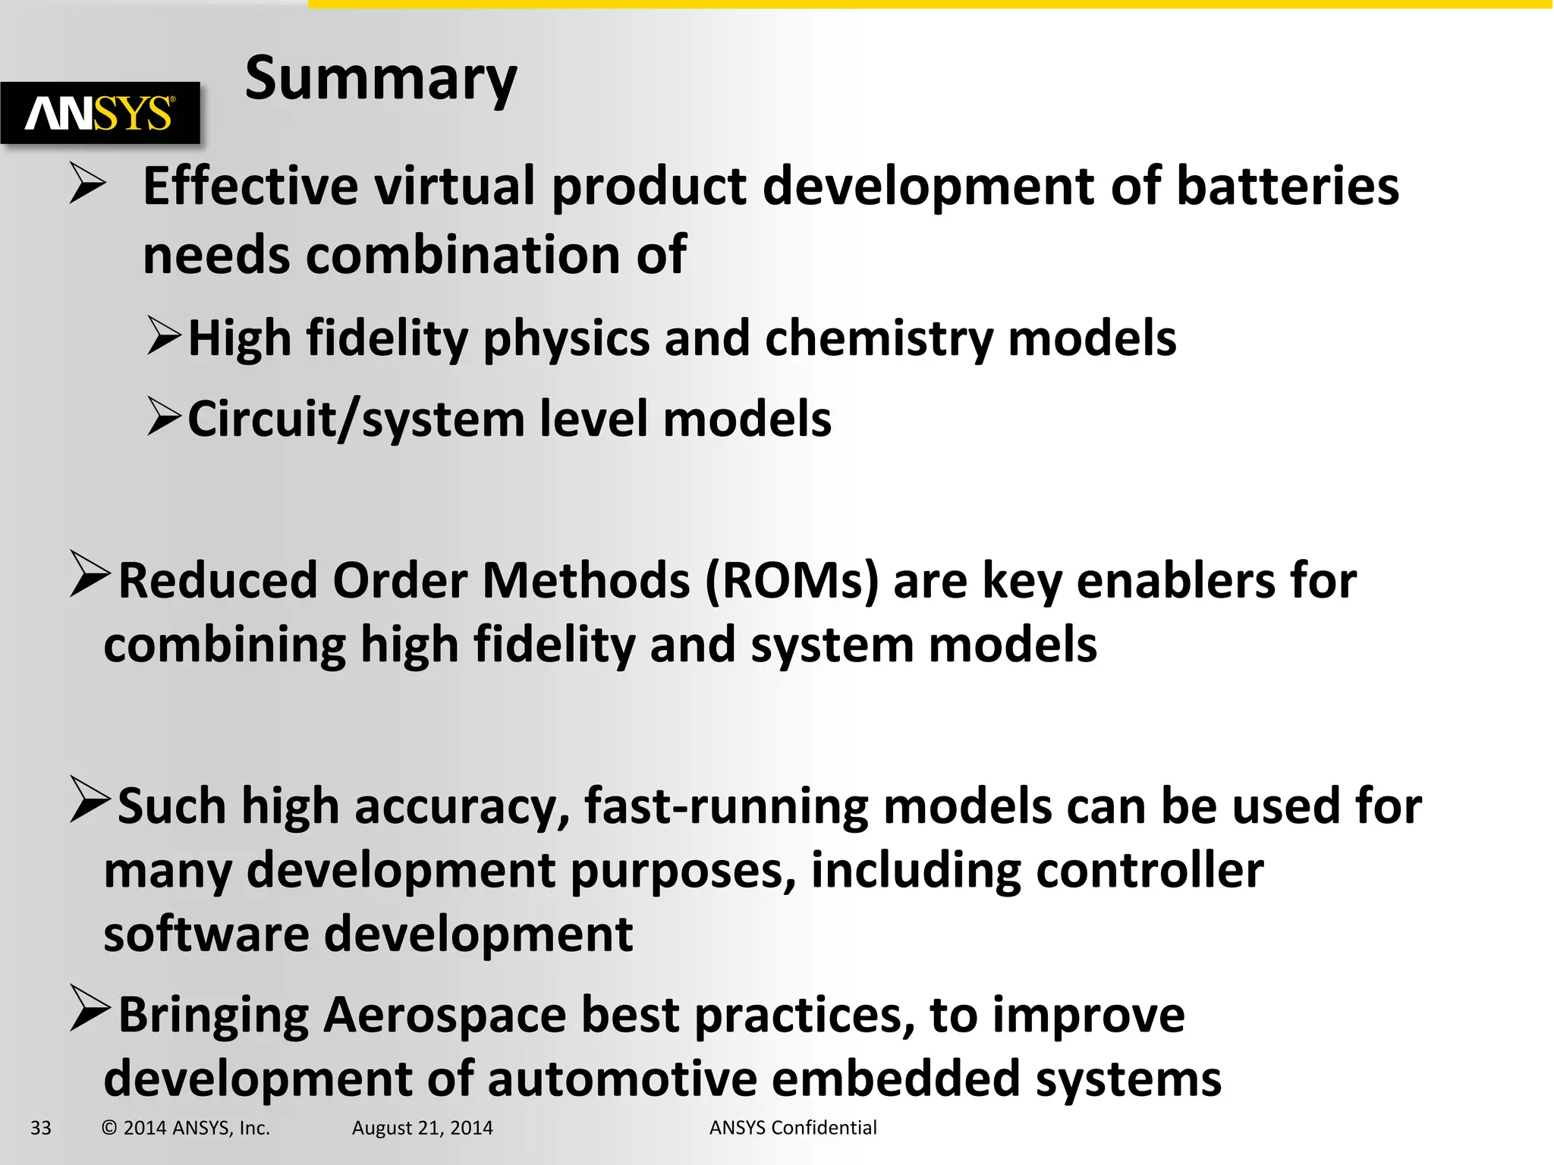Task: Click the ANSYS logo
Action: [100, 114]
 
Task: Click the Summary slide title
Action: [381, 79]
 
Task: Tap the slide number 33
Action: [41, 1128]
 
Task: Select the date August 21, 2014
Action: [422, 1128]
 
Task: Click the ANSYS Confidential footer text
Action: [793, 1128]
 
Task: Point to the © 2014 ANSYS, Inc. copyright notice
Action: [186, 1128]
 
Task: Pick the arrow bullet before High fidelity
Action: [164, 336]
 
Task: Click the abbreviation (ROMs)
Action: [791, 581]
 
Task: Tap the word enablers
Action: [1176, 581]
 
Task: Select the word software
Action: [206, 934]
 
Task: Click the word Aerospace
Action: [445, 1015]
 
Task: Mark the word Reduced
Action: [218, 581]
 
